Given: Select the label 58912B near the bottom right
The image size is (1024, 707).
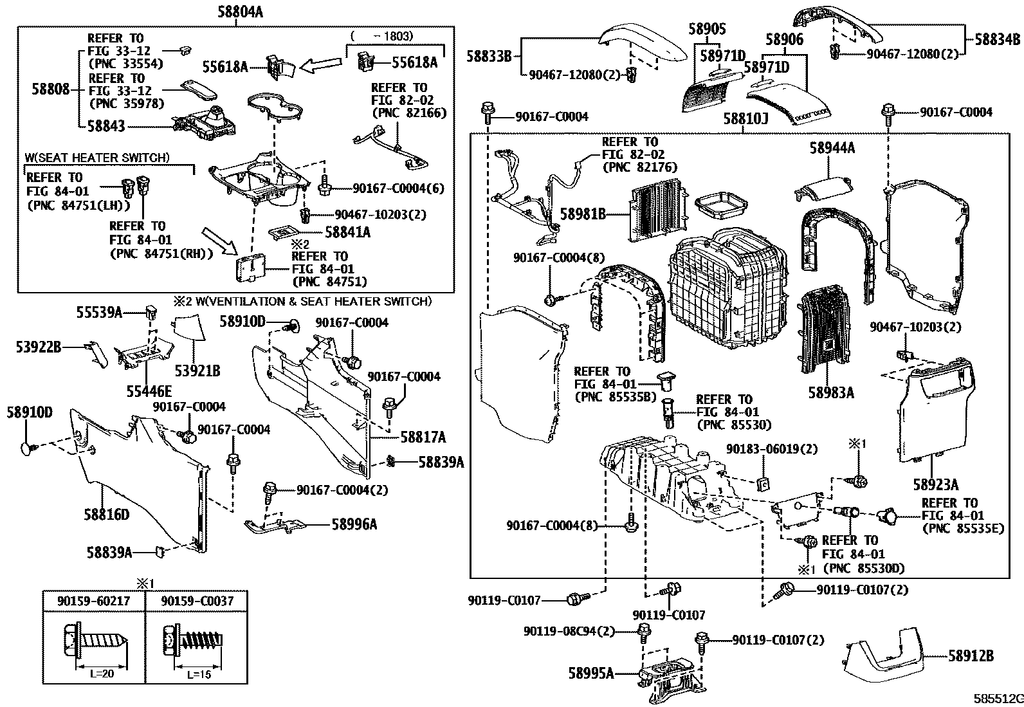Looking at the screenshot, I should (971, 656).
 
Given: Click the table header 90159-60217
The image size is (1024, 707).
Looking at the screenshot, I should (94, 600).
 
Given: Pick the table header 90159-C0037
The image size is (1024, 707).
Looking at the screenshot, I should (197, 600).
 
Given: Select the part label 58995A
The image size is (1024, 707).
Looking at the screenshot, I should (591, 674).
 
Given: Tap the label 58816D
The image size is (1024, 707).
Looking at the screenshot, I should (106, 514).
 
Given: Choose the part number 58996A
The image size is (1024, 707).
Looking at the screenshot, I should (354, 524).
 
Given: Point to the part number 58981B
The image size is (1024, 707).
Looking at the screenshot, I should (583, 214).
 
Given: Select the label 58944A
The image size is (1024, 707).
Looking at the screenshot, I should (832, 149).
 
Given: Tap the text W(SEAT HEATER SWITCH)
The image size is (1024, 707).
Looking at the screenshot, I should (97, 157).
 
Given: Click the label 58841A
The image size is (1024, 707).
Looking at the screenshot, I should (347, 232).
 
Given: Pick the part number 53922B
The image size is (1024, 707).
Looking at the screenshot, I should (39, 347).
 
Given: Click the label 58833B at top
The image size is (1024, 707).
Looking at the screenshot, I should (489, 57).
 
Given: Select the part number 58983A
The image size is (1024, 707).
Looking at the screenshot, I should (832, 392).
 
